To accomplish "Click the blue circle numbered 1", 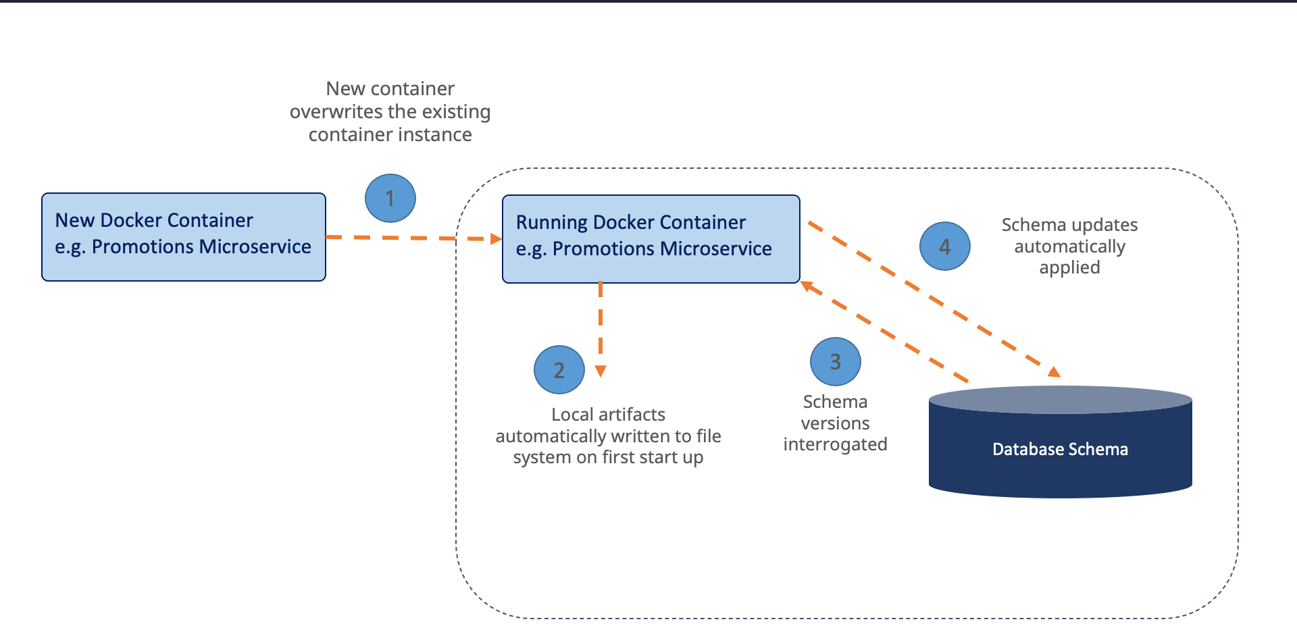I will (x=390, y=198).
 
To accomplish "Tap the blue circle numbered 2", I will (x=559, y=369).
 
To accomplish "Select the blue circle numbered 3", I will (x=835, y=361).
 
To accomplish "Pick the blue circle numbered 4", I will (x=944, y=246).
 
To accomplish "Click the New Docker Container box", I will (x=184, y=237).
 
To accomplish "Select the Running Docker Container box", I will (x=651, y=239).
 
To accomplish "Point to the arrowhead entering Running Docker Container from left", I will (x=497, y=239).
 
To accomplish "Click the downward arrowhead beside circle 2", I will (x=601, y=371).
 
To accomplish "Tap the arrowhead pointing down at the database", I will (x=1054, y=371).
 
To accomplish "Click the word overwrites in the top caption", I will (x=334, y=111).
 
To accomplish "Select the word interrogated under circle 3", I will (x=835, y=444).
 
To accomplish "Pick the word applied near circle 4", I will (x=1069, y=267).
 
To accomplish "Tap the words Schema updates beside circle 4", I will (x=1069, y=225).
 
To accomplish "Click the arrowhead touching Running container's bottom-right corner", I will (x=807, y=286).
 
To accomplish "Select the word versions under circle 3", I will (x=835, y=423).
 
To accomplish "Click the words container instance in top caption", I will (x=390, y=135).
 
